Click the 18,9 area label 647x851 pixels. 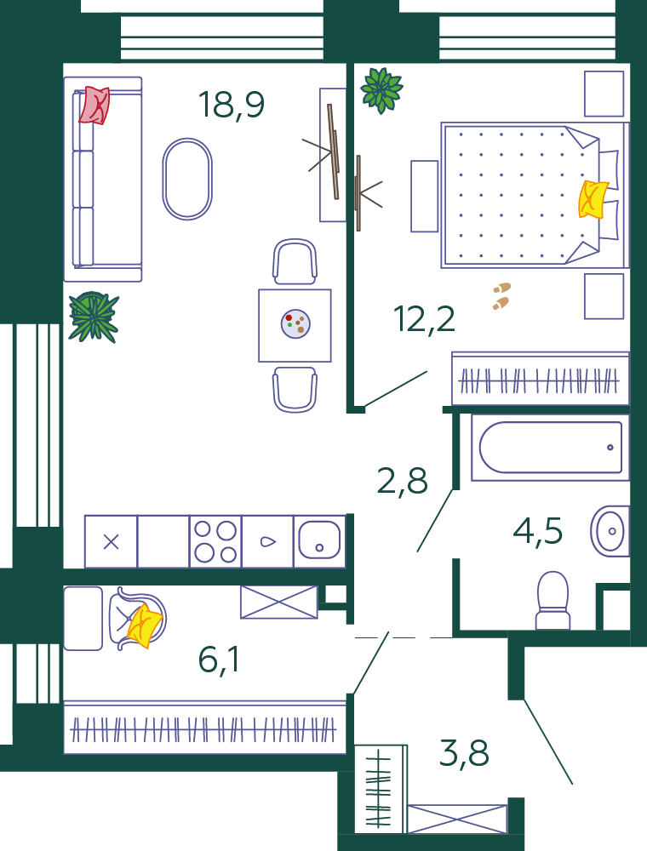232,105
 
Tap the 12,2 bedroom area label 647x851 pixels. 425,318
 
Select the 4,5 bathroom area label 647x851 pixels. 537,531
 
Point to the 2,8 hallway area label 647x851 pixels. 402,481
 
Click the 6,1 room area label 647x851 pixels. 220,660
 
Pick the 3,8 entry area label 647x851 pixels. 464,754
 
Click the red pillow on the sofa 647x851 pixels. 94,106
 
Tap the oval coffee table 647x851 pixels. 187,179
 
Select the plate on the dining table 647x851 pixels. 295,324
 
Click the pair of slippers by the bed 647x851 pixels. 501,296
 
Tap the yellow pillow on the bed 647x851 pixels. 593,200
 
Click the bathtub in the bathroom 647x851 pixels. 551,448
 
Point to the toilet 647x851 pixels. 553,600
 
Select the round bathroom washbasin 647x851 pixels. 610,531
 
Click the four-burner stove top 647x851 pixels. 215,541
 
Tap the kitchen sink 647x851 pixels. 320,541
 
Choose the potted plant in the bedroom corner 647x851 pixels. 381,90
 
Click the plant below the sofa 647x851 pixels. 94,317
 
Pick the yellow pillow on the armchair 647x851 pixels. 145,625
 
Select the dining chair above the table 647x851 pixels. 295,261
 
